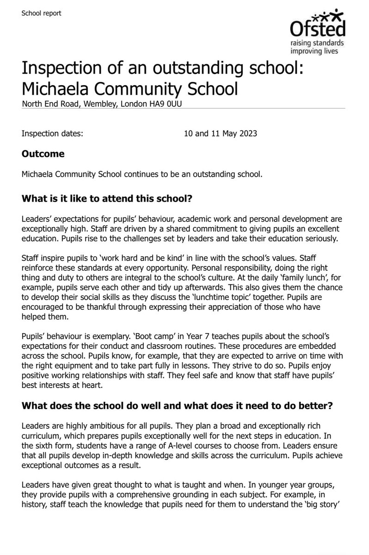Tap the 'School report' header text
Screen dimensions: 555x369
click(41, 13)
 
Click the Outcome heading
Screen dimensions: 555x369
click(43, 154)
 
